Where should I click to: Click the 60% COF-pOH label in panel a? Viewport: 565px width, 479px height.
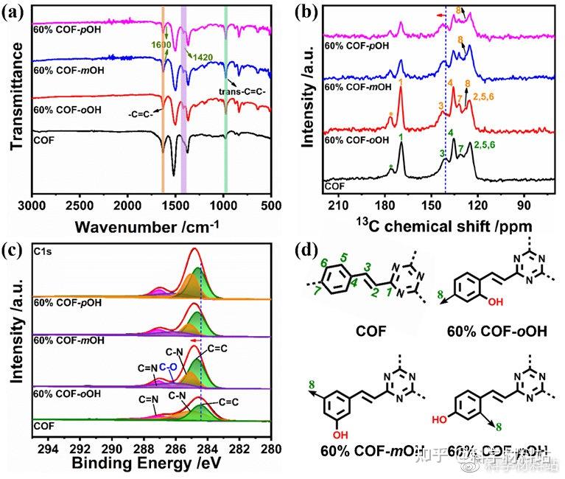[66, 29]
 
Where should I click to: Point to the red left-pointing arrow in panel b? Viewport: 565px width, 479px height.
[442, 14]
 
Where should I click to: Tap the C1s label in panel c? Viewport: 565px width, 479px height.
[43, 251]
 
